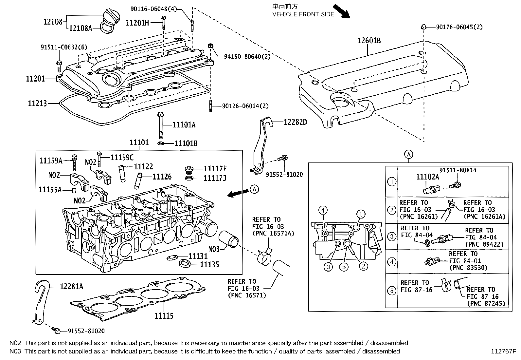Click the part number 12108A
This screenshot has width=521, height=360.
(x=80, y=28)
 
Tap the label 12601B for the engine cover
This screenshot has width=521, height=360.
(x=369, y=40)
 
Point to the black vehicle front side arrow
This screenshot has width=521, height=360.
(x=341, y=11)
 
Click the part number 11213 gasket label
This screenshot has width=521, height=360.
(x=38, y=104)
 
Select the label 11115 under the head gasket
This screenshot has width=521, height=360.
(x=164, y=316)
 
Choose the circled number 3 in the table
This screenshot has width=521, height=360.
(x=391, y=236)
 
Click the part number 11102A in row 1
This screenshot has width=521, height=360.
(x=427, y=177)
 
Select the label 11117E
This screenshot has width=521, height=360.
(x=215, y=169)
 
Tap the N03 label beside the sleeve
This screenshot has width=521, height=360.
(x=214, y=249)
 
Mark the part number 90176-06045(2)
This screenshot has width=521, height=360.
(x=459, y=27)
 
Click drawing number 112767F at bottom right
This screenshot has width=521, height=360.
(x=503, y=351)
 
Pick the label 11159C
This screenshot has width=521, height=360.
(x=122, y=158)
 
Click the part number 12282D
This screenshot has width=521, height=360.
(x=295, y=122)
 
